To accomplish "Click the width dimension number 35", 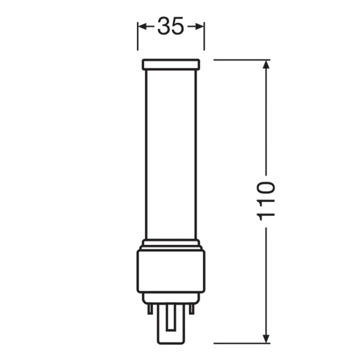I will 171,27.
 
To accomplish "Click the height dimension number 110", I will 266,201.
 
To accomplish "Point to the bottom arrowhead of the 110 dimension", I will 266,340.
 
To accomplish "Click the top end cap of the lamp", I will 171,64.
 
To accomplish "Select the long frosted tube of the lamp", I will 171,154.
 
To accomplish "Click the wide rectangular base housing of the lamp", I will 171,271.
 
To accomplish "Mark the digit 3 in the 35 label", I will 164,27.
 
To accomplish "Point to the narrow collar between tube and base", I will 171,243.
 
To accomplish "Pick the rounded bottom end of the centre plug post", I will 171,341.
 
